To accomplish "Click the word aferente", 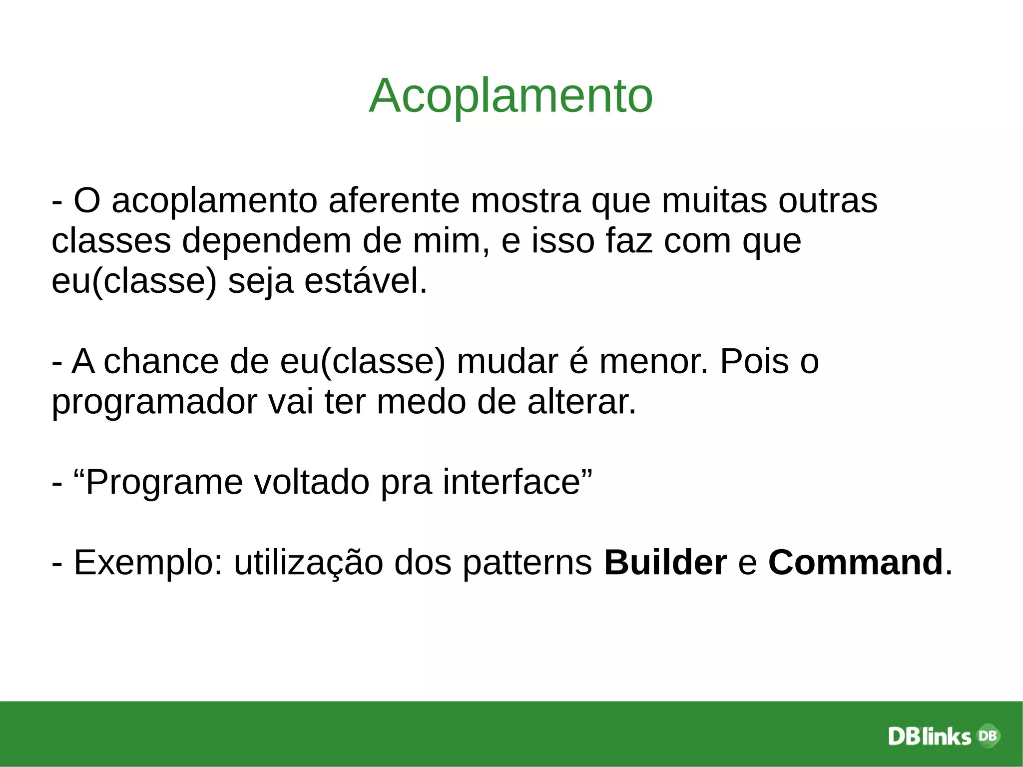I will click(x=394, y=201).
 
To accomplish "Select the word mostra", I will click(x=525, y=201).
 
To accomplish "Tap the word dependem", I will click(x=266, y=241).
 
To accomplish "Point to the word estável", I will click(x=366, y=281).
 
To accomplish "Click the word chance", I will click(x=161, y=361).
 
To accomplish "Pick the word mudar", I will click(x=507, y=361).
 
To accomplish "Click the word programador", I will click(x=154, y=402).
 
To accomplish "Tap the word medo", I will click(x=421, y=402).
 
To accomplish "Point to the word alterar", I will click(x=581, y=402).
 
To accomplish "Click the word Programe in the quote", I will click(x=164, y=482).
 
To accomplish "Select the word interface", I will click(x=511, y=482).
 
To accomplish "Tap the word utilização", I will click(x=308, y=563).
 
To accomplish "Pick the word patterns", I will click(x=527, y=563).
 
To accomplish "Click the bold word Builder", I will click(x=665, y=563).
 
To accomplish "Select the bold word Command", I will click(x=855, y=563).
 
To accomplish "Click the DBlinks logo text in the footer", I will click(x=929, y=737).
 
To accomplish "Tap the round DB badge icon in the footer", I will click(x=988, y=736).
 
